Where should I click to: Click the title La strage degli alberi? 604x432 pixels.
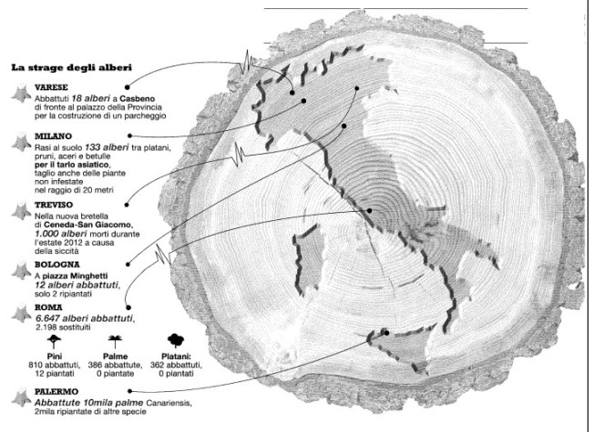pyautogui.click(x=71, y=66)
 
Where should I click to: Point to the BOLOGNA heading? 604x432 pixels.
pyautogui.click(x=57, y=264)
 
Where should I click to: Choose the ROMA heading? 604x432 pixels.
pyautogui.click(x=49, y=310)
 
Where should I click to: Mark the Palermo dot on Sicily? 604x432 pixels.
pyautogui.click(x=386, y=332)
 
